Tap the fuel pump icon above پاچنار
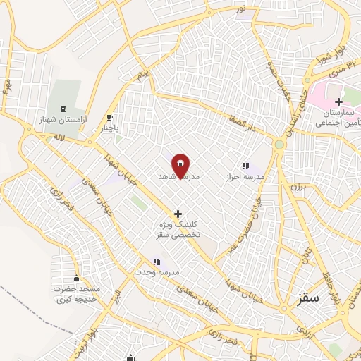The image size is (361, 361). click(109, 118)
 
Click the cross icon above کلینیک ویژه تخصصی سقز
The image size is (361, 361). click(178, 214)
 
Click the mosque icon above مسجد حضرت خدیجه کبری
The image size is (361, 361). click(76, 279)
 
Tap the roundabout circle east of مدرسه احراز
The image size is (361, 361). click(279, 145)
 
